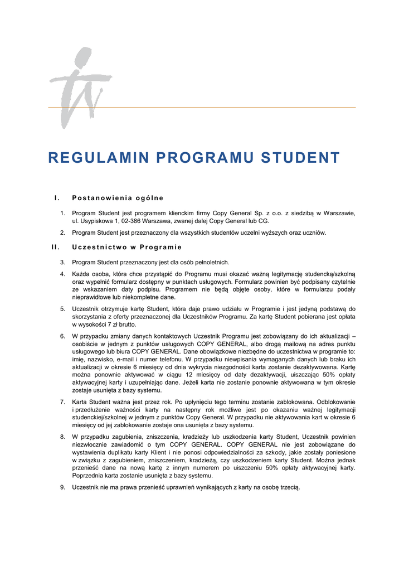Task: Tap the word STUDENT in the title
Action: [301, 158]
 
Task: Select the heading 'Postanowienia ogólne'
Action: [118, 198]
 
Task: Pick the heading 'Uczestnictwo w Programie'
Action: [127, 247]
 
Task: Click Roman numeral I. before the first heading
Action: [56, 198]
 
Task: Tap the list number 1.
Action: [62, 213]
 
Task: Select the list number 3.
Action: [62, 262]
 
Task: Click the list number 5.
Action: [62, 308]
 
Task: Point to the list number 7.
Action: [62, 402]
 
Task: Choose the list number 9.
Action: [62, 487]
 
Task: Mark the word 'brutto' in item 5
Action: [126, 324]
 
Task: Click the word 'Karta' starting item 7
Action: [80, 402]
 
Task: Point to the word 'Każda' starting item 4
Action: [81, 274]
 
